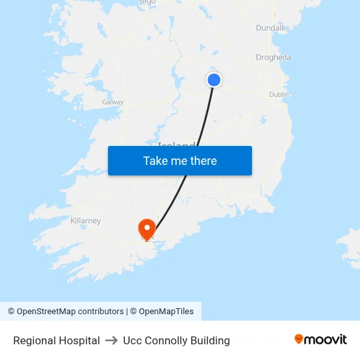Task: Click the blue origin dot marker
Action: [214, 80]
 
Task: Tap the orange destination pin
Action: [147, 228]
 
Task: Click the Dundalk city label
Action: [271, 28]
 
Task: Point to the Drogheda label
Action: [274, 58]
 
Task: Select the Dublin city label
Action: [279, 95]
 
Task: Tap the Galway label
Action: [113, 102]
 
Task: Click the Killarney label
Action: [86, 221]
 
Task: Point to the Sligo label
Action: [147, 2]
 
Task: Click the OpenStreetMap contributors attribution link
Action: [70, 312]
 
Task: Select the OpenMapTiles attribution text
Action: [166, 312]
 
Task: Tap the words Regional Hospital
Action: [56, 340]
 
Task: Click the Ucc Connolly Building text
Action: [176, 340]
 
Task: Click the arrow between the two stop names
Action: [111, 340]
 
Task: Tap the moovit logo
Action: [321, 339]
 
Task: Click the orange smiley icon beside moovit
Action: [299, 339]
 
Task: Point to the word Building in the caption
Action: [210, 340]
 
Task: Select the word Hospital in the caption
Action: [78, 340]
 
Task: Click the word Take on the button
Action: [155, 161]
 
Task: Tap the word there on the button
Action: [204, 161]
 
